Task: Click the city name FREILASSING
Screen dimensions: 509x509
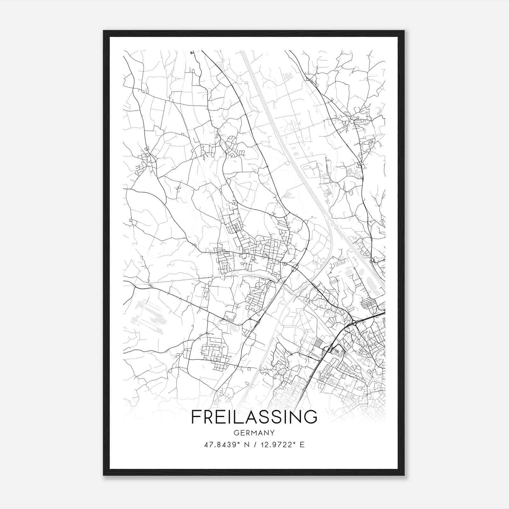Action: pyautogui.click(x=254, y=417)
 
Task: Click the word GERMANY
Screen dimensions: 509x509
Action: pyautogui.click(x=254, y=433)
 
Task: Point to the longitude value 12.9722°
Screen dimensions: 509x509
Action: pyautogui.click(x=276, y=444)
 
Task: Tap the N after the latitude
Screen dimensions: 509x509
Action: pyautogui.click(x=247, y=444)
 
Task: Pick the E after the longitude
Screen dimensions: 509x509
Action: pyautogui.click(x=302, y=444)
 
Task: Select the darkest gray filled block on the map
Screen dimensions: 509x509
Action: pyautogui.click(x=318, y=344)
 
